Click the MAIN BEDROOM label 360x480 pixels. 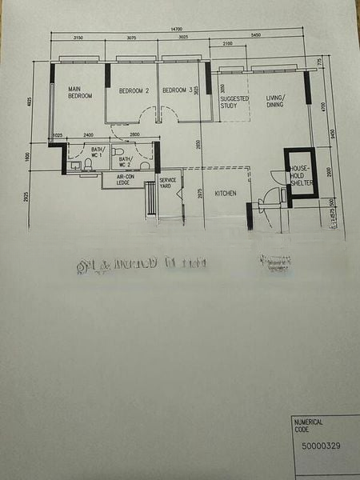[80, 92]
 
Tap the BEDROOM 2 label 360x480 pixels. [134, 91]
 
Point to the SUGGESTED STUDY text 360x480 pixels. [235, 102]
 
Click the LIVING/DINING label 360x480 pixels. [275, 101]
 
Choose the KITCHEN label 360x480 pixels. [225, 193]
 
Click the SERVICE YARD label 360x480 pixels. [167, 183]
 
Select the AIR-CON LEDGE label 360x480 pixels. [123, 180]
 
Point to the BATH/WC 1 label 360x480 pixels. [98, 152]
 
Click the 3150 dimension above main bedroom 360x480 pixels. [78, 38]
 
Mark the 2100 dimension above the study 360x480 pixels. [228, 44]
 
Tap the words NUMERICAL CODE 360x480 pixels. [309, 426]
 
